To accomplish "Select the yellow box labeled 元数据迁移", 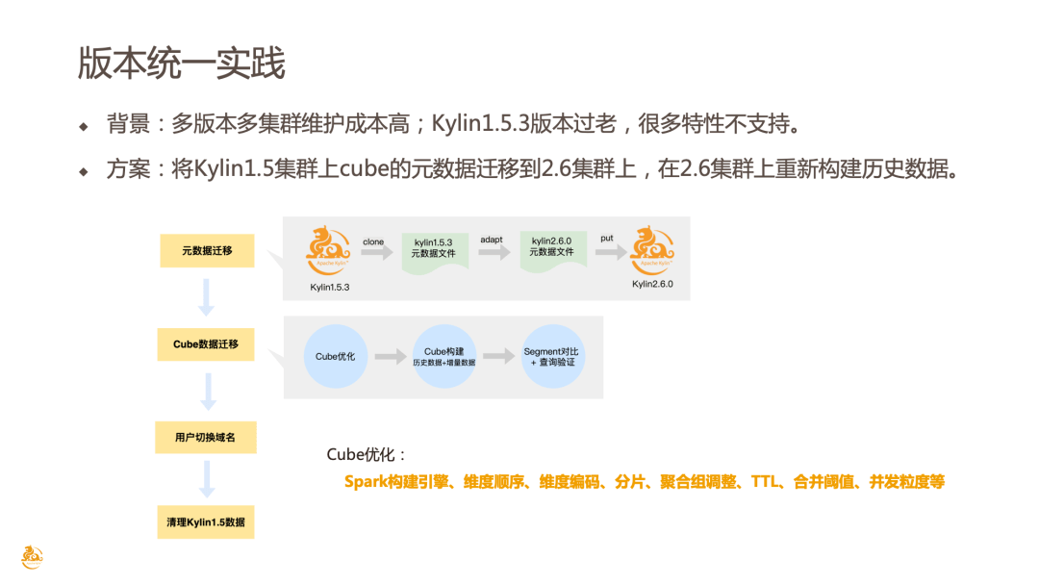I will tap(207, 251).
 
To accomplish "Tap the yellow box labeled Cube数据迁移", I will tap(206, 344).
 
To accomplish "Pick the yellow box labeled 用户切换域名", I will tap(207, 438).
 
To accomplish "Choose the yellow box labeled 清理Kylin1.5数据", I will tap(206, 521).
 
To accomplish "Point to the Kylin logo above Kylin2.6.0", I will tap(652, 249).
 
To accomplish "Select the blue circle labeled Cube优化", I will tap(335, 357).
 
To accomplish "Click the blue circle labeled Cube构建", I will tap(443, 357).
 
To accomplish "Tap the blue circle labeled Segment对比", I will tap(553, 357).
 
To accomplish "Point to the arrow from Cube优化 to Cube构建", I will tap(390, 357).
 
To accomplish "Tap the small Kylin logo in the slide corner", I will tap(33, 556).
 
